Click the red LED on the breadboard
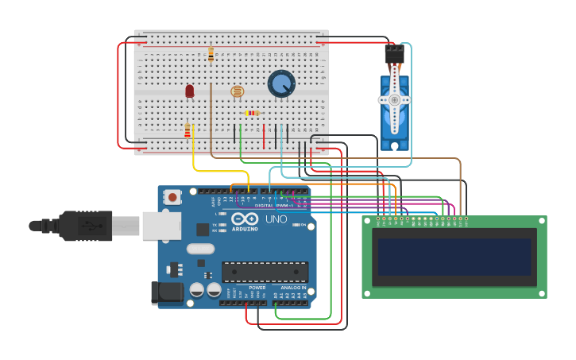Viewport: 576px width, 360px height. (x=189, y=91)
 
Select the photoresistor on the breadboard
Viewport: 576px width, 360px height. (x=237, y=91)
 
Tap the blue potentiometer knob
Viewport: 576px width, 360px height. (x=281, y=83)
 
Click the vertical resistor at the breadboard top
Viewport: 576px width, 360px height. (x=211, y=54)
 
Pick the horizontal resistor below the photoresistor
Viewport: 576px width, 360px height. (x=252, y=113)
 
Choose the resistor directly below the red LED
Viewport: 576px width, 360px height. (x=187, y=130)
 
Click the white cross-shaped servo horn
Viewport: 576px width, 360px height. (x=394, y=100)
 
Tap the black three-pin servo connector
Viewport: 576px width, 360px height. (x=394, y=54)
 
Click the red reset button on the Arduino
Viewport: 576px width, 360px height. (x=172, y=197)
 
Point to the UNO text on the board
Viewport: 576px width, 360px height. (x=276, y=219)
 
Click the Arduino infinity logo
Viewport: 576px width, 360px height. (x=245, y=219)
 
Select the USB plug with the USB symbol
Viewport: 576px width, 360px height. (x=87, y=226)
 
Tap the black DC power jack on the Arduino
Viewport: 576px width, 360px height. (x=168, y=292)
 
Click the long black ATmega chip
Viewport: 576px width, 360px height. (x=265, y=272)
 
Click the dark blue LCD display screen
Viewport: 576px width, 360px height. (x=454, y=257)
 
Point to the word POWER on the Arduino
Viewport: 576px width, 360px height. (x=257, y=288)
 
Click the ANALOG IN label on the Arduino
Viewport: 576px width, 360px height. (x=292, y=288)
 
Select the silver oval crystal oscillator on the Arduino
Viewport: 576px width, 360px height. (x=200, y=249)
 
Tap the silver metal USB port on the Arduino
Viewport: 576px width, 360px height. (x=161, y=226)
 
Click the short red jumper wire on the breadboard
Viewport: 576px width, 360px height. (x=264, y=136)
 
